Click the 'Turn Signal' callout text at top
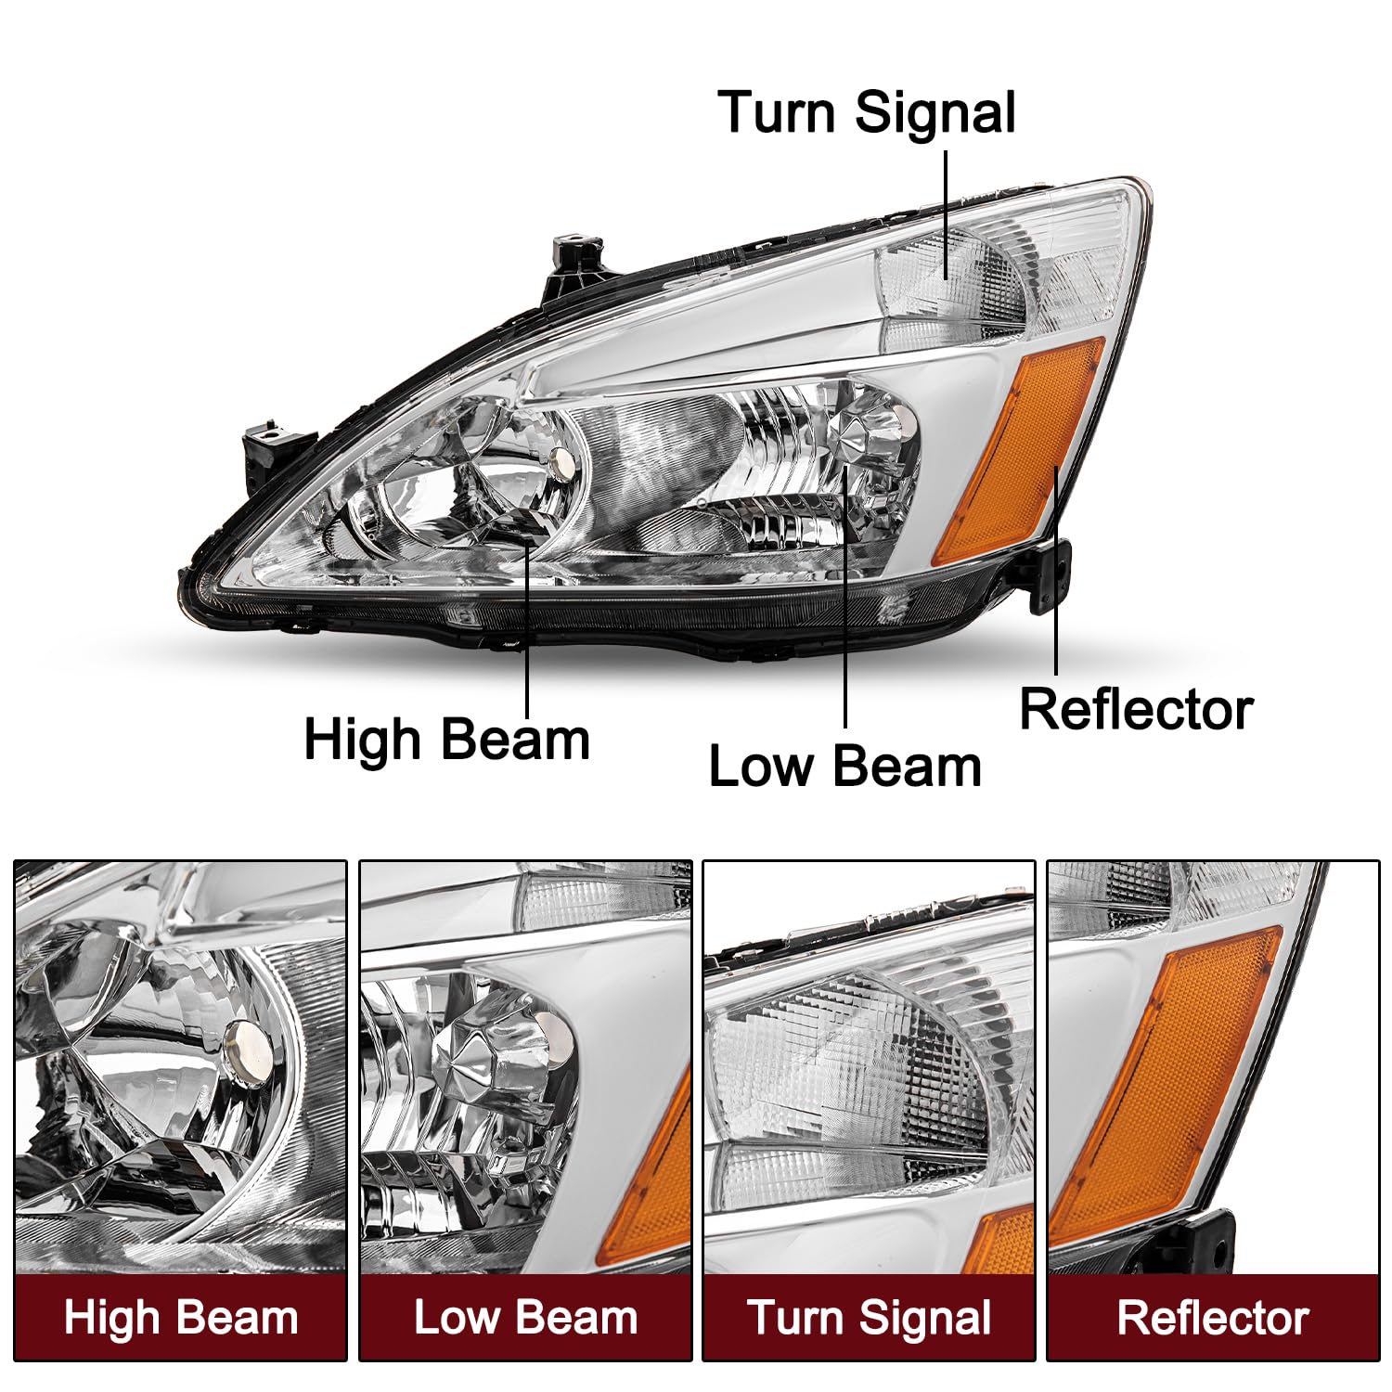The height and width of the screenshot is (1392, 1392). pyautogui.click(x=867, y=113)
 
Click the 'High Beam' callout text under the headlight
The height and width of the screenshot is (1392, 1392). pyautogui.click(x=446, y=740)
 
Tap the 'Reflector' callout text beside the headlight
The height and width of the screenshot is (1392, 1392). pyautogui.click(x=1136, y=710)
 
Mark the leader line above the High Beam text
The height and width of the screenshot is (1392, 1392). pyautogui.click(x=528, y=631)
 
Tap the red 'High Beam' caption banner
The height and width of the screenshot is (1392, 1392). pyautogui.click(x=181, y=1317)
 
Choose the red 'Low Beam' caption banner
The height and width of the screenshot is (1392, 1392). pyautogui.click(x=525, y=1317)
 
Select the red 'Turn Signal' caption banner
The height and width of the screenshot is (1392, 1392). pyautogui.click(x=870, y=1317)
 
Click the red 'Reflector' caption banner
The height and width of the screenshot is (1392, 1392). pyautogui.click(x=1213, y=1317)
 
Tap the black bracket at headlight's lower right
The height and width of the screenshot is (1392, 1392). pyautogui.click(x=1049, y=575)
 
